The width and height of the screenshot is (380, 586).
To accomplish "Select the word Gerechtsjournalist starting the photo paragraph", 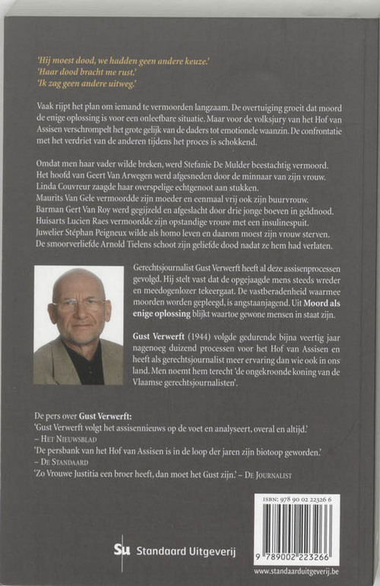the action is coord(166,270).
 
